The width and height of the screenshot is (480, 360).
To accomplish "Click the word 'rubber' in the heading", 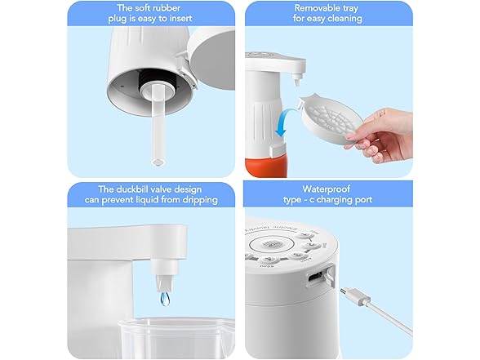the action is tap(166, 8).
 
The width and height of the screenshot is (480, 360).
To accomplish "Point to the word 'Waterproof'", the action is tap(327, 189).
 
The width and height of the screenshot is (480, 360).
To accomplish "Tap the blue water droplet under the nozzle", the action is tap(165, 299).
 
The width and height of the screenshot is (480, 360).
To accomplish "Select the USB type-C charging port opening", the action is tap(316, 277).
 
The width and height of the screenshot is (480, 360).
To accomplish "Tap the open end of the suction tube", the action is tap(158, 162).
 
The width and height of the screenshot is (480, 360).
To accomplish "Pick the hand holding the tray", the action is tap(380, 135).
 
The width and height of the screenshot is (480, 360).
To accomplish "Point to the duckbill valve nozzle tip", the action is tap(165, 283).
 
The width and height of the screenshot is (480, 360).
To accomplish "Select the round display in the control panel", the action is tap(266, 245).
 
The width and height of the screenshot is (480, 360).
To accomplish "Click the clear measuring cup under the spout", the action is tap(177, 338).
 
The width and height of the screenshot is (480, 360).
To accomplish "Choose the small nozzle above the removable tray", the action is tap(296, 80).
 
